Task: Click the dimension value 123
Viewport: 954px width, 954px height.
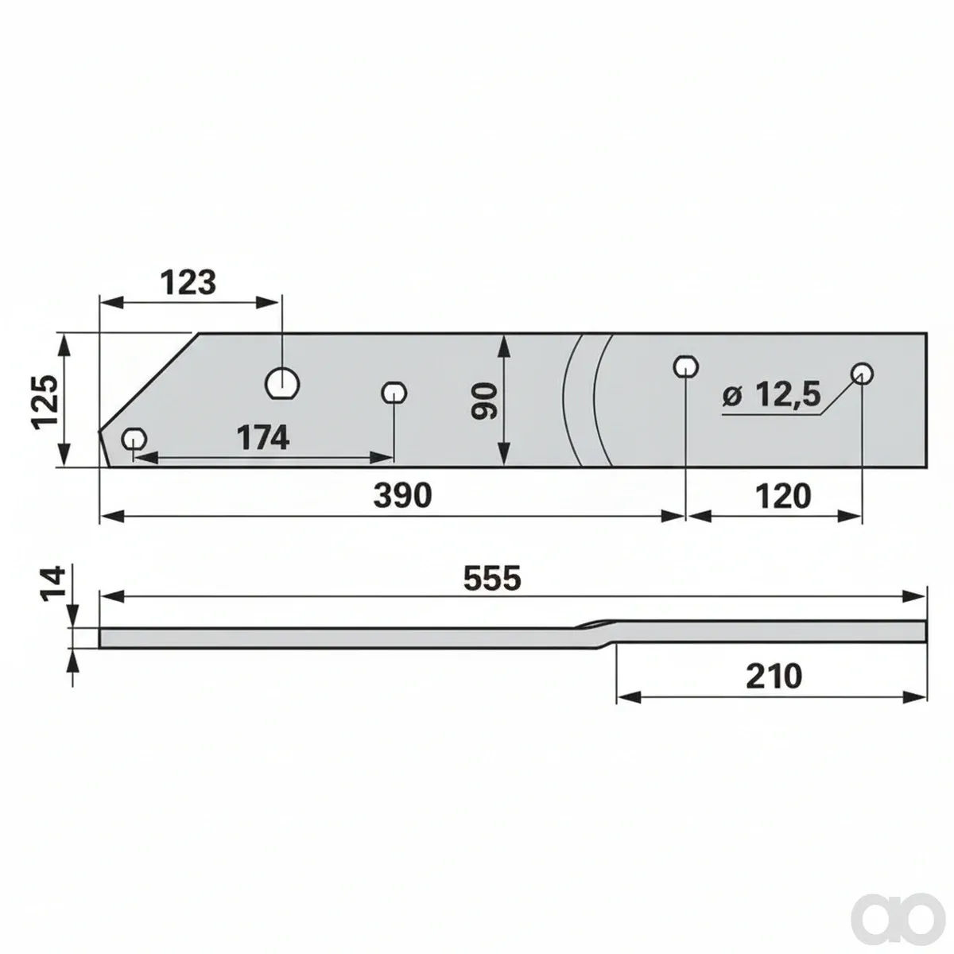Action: (x=188, y=283)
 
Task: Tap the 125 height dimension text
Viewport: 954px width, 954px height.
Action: (x=45, y=402)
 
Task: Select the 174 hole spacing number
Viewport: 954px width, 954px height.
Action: (x=262, y=437)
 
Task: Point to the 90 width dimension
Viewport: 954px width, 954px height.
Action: (x=483, y=401)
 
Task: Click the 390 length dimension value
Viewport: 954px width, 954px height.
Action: (x=402, y=495)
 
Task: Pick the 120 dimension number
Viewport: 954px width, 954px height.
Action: (x=783, y=496)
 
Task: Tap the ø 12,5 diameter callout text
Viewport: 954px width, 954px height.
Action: (x=771, y=396)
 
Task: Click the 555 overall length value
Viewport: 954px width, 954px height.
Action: (x=492, y=578)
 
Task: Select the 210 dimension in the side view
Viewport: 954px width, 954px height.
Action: (x=774, y=677)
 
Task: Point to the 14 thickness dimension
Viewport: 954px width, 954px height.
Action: (x=53, y=584)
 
